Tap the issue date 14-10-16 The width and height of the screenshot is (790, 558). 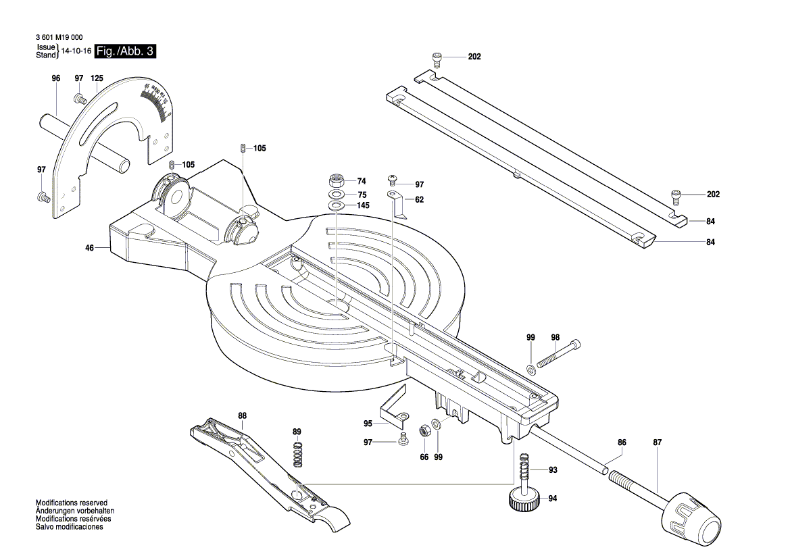76,51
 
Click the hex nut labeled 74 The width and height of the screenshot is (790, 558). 336,181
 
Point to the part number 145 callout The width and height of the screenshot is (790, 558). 363,205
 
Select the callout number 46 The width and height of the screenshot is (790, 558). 89,249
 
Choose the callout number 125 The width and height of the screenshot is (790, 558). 97,79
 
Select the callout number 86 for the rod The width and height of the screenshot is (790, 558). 622,442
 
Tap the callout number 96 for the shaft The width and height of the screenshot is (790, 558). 56,79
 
